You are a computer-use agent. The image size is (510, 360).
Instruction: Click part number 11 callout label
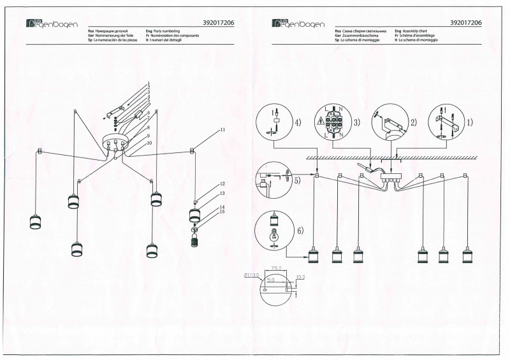(x=223, y=130)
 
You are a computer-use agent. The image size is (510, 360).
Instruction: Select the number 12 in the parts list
(x=223, y=184)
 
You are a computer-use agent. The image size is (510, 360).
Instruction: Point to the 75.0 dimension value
(x=275, y=269)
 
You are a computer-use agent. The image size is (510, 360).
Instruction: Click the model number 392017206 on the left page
(x=219, y=22)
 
